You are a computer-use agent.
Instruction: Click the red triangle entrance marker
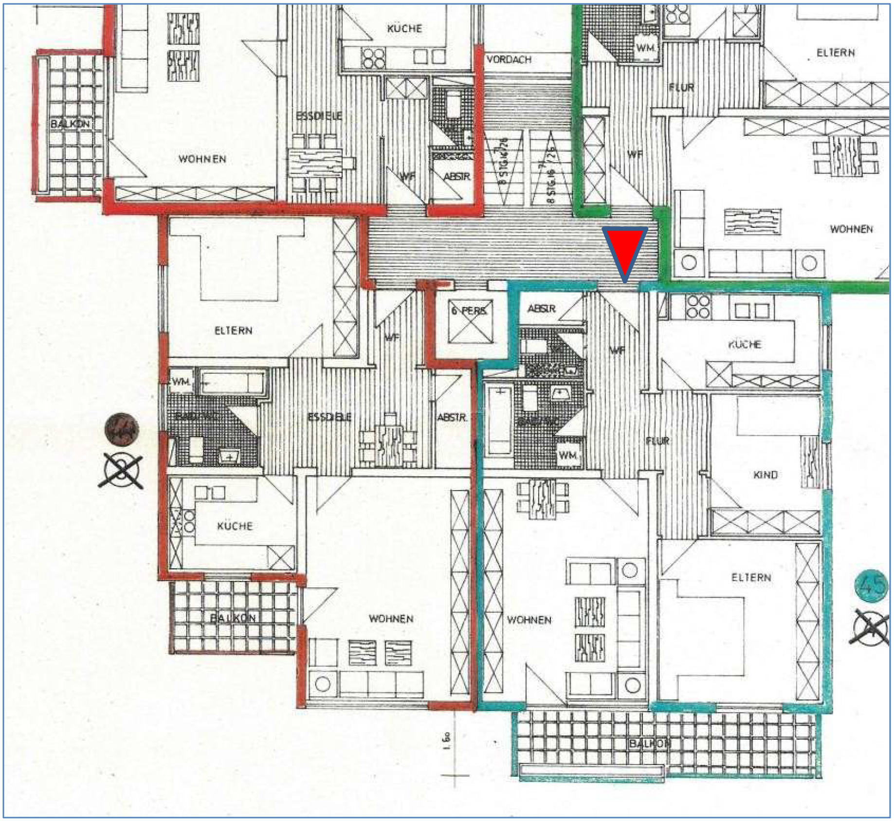[625, 251]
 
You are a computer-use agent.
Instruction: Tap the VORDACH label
[509, 59]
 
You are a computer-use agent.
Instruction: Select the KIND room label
[765, 474]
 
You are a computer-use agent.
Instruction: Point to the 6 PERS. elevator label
[469, 310]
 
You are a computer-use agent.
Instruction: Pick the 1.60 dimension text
[447, 742]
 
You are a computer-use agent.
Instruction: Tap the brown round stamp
[122, 429]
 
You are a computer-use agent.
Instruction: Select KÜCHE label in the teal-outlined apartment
[745, 345]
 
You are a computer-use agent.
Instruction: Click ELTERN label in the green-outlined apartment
[835, 53]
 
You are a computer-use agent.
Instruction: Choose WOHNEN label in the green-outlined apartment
[851, 229]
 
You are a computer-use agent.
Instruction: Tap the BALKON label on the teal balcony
[650, 743]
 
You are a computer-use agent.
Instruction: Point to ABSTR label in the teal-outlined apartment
[541, 309]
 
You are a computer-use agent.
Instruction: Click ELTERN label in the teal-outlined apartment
[751, 578]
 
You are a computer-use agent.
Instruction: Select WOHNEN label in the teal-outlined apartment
[529, 620]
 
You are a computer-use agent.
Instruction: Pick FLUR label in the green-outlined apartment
[681, 88]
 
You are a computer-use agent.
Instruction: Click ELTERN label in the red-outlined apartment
[233, 330]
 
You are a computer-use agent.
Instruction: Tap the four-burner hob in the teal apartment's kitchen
[698, 307]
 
